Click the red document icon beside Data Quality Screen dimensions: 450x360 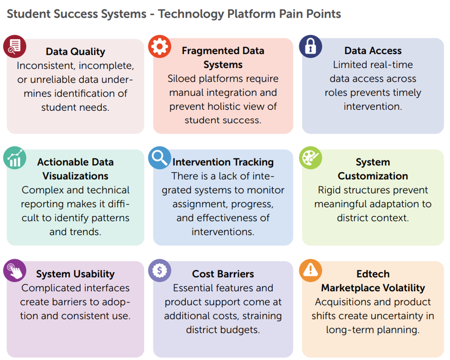click(15, 47)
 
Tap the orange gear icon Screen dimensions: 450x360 click(160, 47)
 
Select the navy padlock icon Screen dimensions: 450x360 click(310, 47)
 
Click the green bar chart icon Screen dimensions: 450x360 click(15, 158)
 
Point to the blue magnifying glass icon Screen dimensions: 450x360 click(160, 158)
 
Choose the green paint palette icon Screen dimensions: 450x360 click(310, 158)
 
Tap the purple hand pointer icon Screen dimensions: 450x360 click(15, 271)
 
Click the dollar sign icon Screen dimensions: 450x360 click(160, 271)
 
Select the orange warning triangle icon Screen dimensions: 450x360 click(310, 271)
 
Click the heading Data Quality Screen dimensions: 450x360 click(75, 52)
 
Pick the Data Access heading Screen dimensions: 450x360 click(373, 51)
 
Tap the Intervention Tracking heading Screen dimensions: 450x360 click(223, 162)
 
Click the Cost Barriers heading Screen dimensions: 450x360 click(223, 274)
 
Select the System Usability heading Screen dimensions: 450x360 click(75, 274)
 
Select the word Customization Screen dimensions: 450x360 click(373, 176)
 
